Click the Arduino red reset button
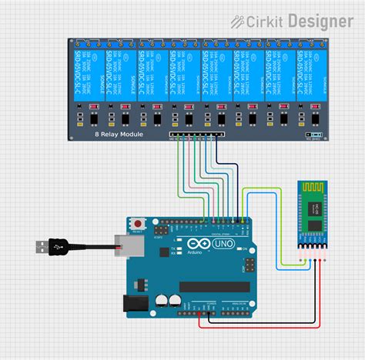point(137,223)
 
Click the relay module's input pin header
point(196,135)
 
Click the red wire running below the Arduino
point(254,325)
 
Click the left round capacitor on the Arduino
point(162,300)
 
